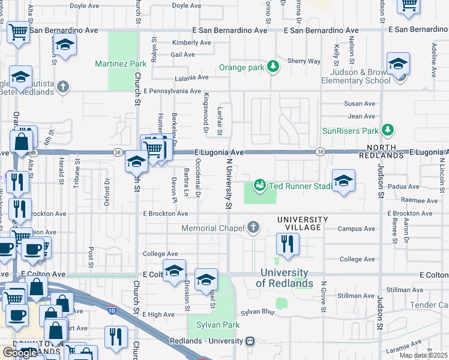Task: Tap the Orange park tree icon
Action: coord(274,67)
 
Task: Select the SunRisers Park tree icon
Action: coord(388,130)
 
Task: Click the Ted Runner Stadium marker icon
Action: coord(260,185)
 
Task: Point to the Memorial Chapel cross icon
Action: coord(253,227)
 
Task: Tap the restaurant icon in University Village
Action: coord(288,244)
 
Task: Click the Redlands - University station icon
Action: coord(250,341)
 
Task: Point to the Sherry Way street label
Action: coord(304,61)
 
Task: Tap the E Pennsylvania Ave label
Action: coord(172,91)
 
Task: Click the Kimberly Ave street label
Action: coord(191,43)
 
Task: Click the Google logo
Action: coord(19,353)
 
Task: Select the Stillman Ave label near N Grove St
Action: coord(356,296)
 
